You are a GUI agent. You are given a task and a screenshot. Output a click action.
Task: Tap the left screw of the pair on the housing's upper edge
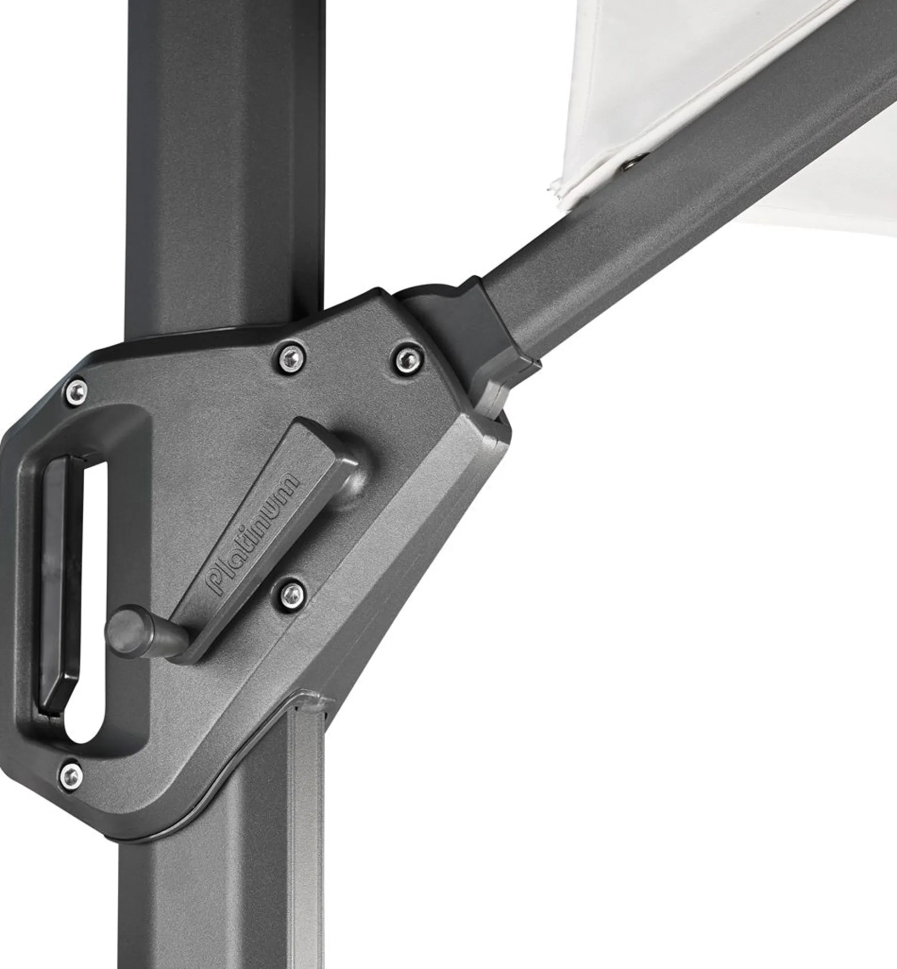289,356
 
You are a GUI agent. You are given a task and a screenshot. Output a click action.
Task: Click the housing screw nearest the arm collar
406,356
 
